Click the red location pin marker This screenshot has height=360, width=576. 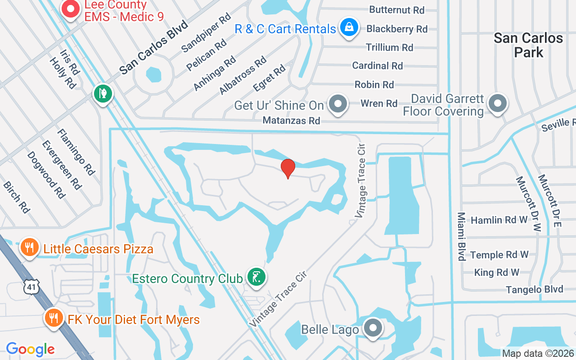[x=288, y=168]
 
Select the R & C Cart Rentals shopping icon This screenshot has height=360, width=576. [x=349, y=27]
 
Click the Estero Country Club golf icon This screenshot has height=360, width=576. [x=256, y=277]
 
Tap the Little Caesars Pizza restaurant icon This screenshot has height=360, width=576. [x=29, y=247]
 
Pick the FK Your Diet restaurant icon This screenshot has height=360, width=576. [x=54, y=318]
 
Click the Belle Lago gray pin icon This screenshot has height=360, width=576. [x=373, y=328]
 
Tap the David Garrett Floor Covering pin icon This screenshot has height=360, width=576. [x=497, y=103]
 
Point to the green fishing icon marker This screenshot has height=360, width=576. [x=103, y=94]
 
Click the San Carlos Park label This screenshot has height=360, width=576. [x=528, y=45]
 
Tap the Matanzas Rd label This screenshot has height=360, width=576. [x=291, y=121]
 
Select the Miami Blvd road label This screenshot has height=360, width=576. [x=461, y=236]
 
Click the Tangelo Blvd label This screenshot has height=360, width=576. [x=534, y=289]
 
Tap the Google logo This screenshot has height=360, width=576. [x=30, y=349]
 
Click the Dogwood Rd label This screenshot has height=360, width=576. [x=46, y=175]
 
